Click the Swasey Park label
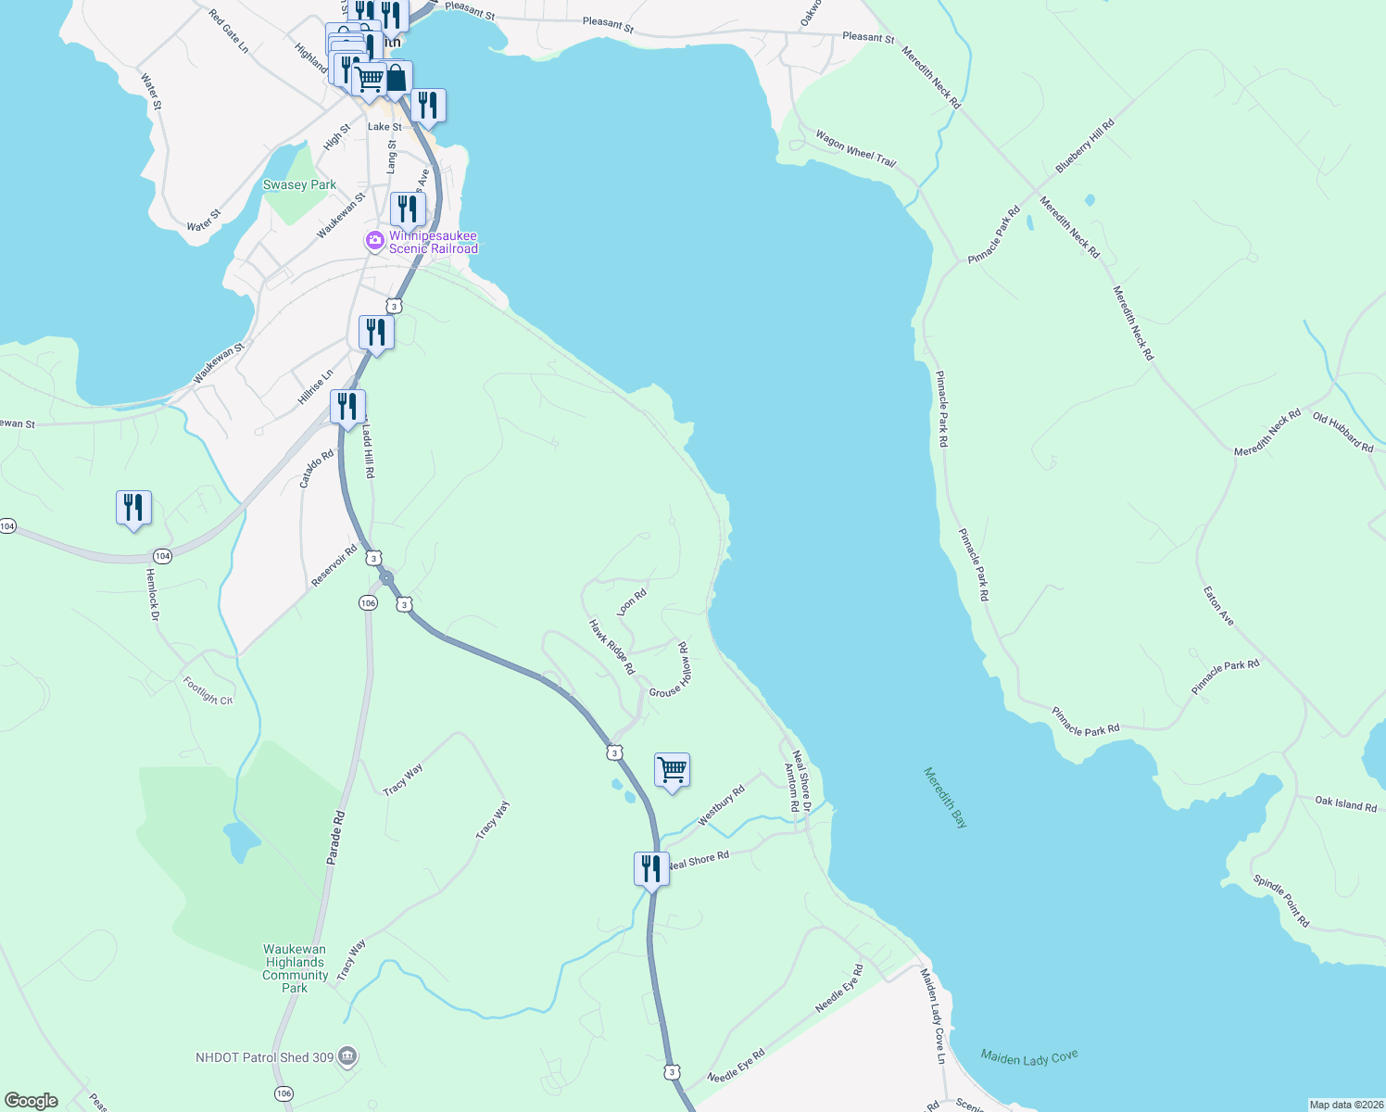(299, 185)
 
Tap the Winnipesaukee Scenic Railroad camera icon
(375, 241)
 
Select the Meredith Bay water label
(945, 797)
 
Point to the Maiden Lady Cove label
(1029, 1057)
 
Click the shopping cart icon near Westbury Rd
(672, 770)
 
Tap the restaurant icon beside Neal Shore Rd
(651, 869)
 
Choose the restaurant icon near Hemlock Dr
(133, 508)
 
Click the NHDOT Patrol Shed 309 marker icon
(347, 1056)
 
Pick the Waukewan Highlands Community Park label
(295, 968)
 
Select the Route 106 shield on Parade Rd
(368, 603)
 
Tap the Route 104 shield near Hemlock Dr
(162, 556)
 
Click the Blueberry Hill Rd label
(1085, 145)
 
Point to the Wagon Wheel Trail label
(855, 148)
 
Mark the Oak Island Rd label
(1345, 803)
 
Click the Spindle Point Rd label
(1281, 901)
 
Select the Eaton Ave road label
(1218, 605)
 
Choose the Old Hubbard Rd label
(1342, 432)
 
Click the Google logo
(31, 1101)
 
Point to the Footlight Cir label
(208, 691)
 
